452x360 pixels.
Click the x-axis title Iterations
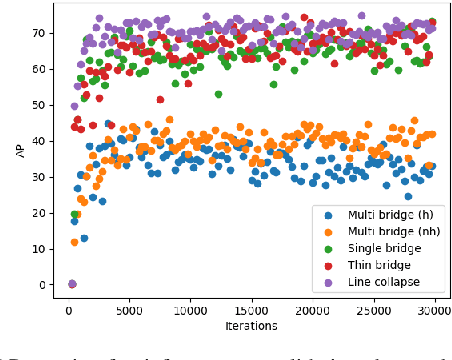pyautogui.click(x=251, y=327)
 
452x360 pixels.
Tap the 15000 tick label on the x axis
pyautogui.click(x=251, y=311)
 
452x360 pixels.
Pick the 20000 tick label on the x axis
pyautogui.click(x=312, y=311)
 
